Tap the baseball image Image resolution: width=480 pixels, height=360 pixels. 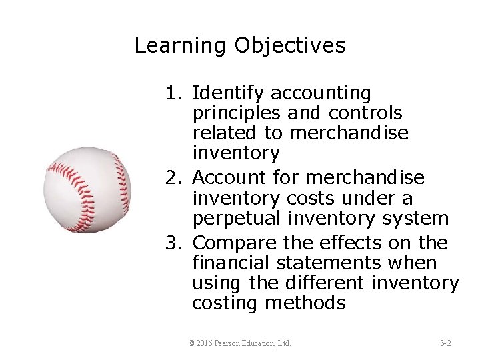click(x=87, y=190)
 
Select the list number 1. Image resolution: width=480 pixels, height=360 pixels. click(x=175, y=93)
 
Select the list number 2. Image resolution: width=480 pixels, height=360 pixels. click(x=175, y=178)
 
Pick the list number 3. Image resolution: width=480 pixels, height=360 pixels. click(x=175, y=243)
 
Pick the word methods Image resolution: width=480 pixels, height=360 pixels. click(x=305, y=303)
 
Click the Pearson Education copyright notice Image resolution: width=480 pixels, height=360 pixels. click(x=240, y=343)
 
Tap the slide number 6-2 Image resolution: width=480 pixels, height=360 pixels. click(x=445, y=343)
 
